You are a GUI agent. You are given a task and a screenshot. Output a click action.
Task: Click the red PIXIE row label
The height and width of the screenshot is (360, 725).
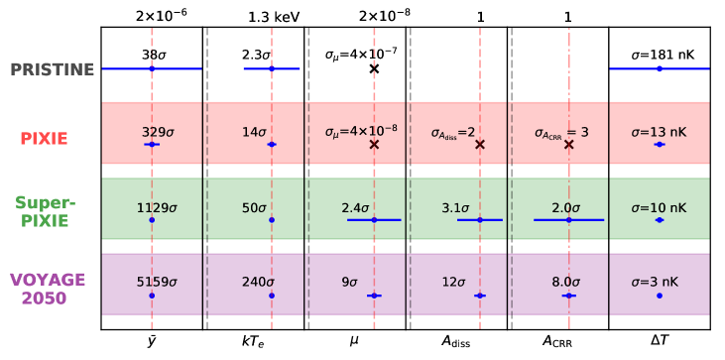click(44, 139)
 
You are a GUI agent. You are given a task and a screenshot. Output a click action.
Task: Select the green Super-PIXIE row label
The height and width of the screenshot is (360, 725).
click(45, 211)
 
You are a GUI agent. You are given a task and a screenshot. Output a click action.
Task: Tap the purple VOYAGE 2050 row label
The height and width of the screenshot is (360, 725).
click(47, 289)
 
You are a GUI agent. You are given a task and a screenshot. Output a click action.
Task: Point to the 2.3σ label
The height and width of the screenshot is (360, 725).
click(257, 56)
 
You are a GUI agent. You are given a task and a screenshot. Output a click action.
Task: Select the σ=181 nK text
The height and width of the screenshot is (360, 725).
click(659, 56)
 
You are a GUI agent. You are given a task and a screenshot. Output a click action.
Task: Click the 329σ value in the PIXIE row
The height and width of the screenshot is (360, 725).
click(158, 132)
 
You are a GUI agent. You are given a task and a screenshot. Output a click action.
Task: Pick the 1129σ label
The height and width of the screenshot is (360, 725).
click(157, 208)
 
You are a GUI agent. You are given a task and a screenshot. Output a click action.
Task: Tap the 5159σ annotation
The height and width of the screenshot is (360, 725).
click(157, 283)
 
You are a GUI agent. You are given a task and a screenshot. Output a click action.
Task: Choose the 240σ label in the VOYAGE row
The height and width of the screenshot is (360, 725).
click(258, 283)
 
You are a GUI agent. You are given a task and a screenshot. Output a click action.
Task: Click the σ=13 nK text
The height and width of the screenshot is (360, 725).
click(659, 132)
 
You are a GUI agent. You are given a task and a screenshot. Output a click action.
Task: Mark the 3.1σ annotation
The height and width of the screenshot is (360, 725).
click(455, 208)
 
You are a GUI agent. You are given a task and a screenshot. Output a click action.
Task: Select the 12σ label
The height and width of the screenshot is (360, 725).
click(453, 283)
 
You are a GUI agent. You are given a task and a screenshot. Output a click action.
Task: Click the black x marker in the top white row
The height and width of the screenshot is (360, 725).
click(374, 68)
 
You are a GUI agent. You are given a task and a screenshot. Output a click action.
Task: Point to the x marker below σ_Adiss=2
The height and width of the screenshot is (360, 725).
click(480, 144)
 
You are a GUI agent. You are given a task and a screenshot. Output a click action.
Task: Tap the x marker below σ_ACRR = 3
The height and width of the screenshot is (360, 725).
click(568, 144)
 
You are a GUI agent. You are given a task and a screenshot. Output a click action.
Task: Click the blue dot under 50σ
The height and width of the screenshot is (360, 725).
click(272, 219)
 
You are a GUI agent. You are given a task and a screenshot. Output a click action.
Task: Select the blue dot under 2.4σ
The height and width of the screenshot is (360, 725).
click(374, 219)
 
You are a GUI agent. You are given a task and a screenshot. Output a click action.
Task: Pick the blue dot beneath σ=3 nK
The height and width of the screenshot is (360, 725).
click(659, 296)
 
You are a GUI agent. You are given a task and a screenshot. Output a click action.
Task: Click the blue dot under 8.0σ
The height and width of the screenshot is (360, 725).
click(568, 296)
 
